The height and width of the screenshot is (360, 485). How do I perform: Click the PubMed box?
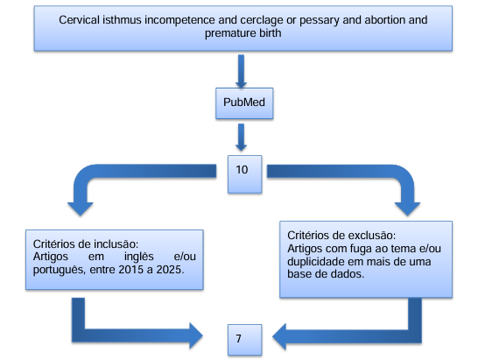tap(244, 103)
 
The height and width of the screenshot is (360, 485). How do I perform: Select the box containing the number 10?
tap(244, 174)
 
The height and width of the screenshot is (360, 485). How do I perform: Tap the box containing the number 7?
tap(244, 340)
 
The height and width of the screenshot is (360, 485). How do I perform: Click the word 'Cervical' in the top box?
tap(79, 20)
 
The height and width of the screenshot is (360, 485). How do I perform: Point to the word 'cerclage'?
tap(262, 20)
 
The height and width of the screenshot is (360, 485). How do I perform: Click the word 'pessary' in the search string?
tap(320, 21)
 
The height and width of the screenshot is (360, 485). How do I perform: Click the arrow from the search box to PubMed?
tap(241, 71)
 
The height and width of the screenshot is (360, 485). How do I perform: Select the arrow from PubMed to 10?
tap(241, 138)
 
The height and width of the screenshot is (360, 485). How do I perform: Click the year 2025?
tap(170, 270)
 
